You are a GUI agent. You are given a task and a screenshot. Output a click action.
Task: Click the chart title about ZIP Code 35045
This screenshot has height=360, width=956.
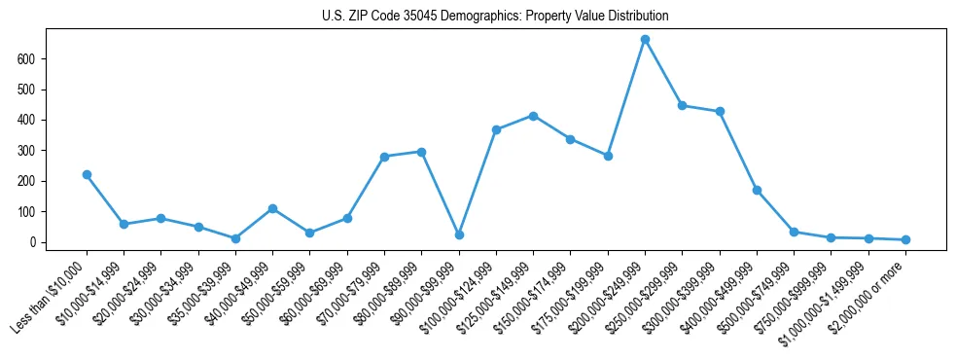(495, 17)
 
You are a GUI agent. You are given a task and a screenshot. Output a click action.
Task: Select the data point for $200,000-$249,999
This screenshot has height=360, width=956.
(645, 40)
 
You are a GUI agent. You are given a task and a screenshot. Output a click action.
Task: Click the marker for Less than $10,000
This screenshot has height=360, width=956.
(87, 175)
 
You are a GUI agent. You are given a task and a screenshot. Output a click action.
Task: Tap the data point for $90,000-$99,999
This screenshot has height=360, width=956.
(459, 234)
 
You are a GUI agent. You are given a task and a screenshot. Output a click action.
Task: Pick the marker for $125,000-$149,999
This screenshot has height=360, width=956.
(533, 116)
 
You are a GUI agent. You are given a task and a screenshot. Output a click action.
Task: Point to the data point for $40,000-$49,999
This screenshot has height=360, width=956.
(272, 208)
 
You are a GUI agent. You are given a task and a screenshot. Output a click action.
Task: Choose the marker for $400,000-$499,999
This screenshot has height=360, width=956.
(757, 191)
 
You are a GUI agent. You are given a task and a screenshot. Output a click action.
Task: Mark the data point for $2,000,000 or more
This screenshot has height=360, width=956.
(905, 239)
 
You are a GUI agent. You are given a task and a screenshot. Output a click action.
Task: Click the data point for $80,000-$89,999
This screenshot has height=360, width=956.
(421, 152)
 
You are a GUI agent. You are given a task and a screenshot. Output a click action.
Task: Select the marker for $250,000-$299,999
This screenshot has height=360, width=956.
(682, 105)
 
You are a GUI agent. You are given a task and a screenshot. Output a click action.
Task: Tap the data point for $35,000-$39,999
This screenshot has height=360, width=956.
(235, 238)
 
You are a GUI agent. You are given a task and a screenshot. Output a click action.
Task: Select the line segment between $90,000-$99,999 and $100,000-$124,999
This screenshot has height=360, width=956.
(478, 182)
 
